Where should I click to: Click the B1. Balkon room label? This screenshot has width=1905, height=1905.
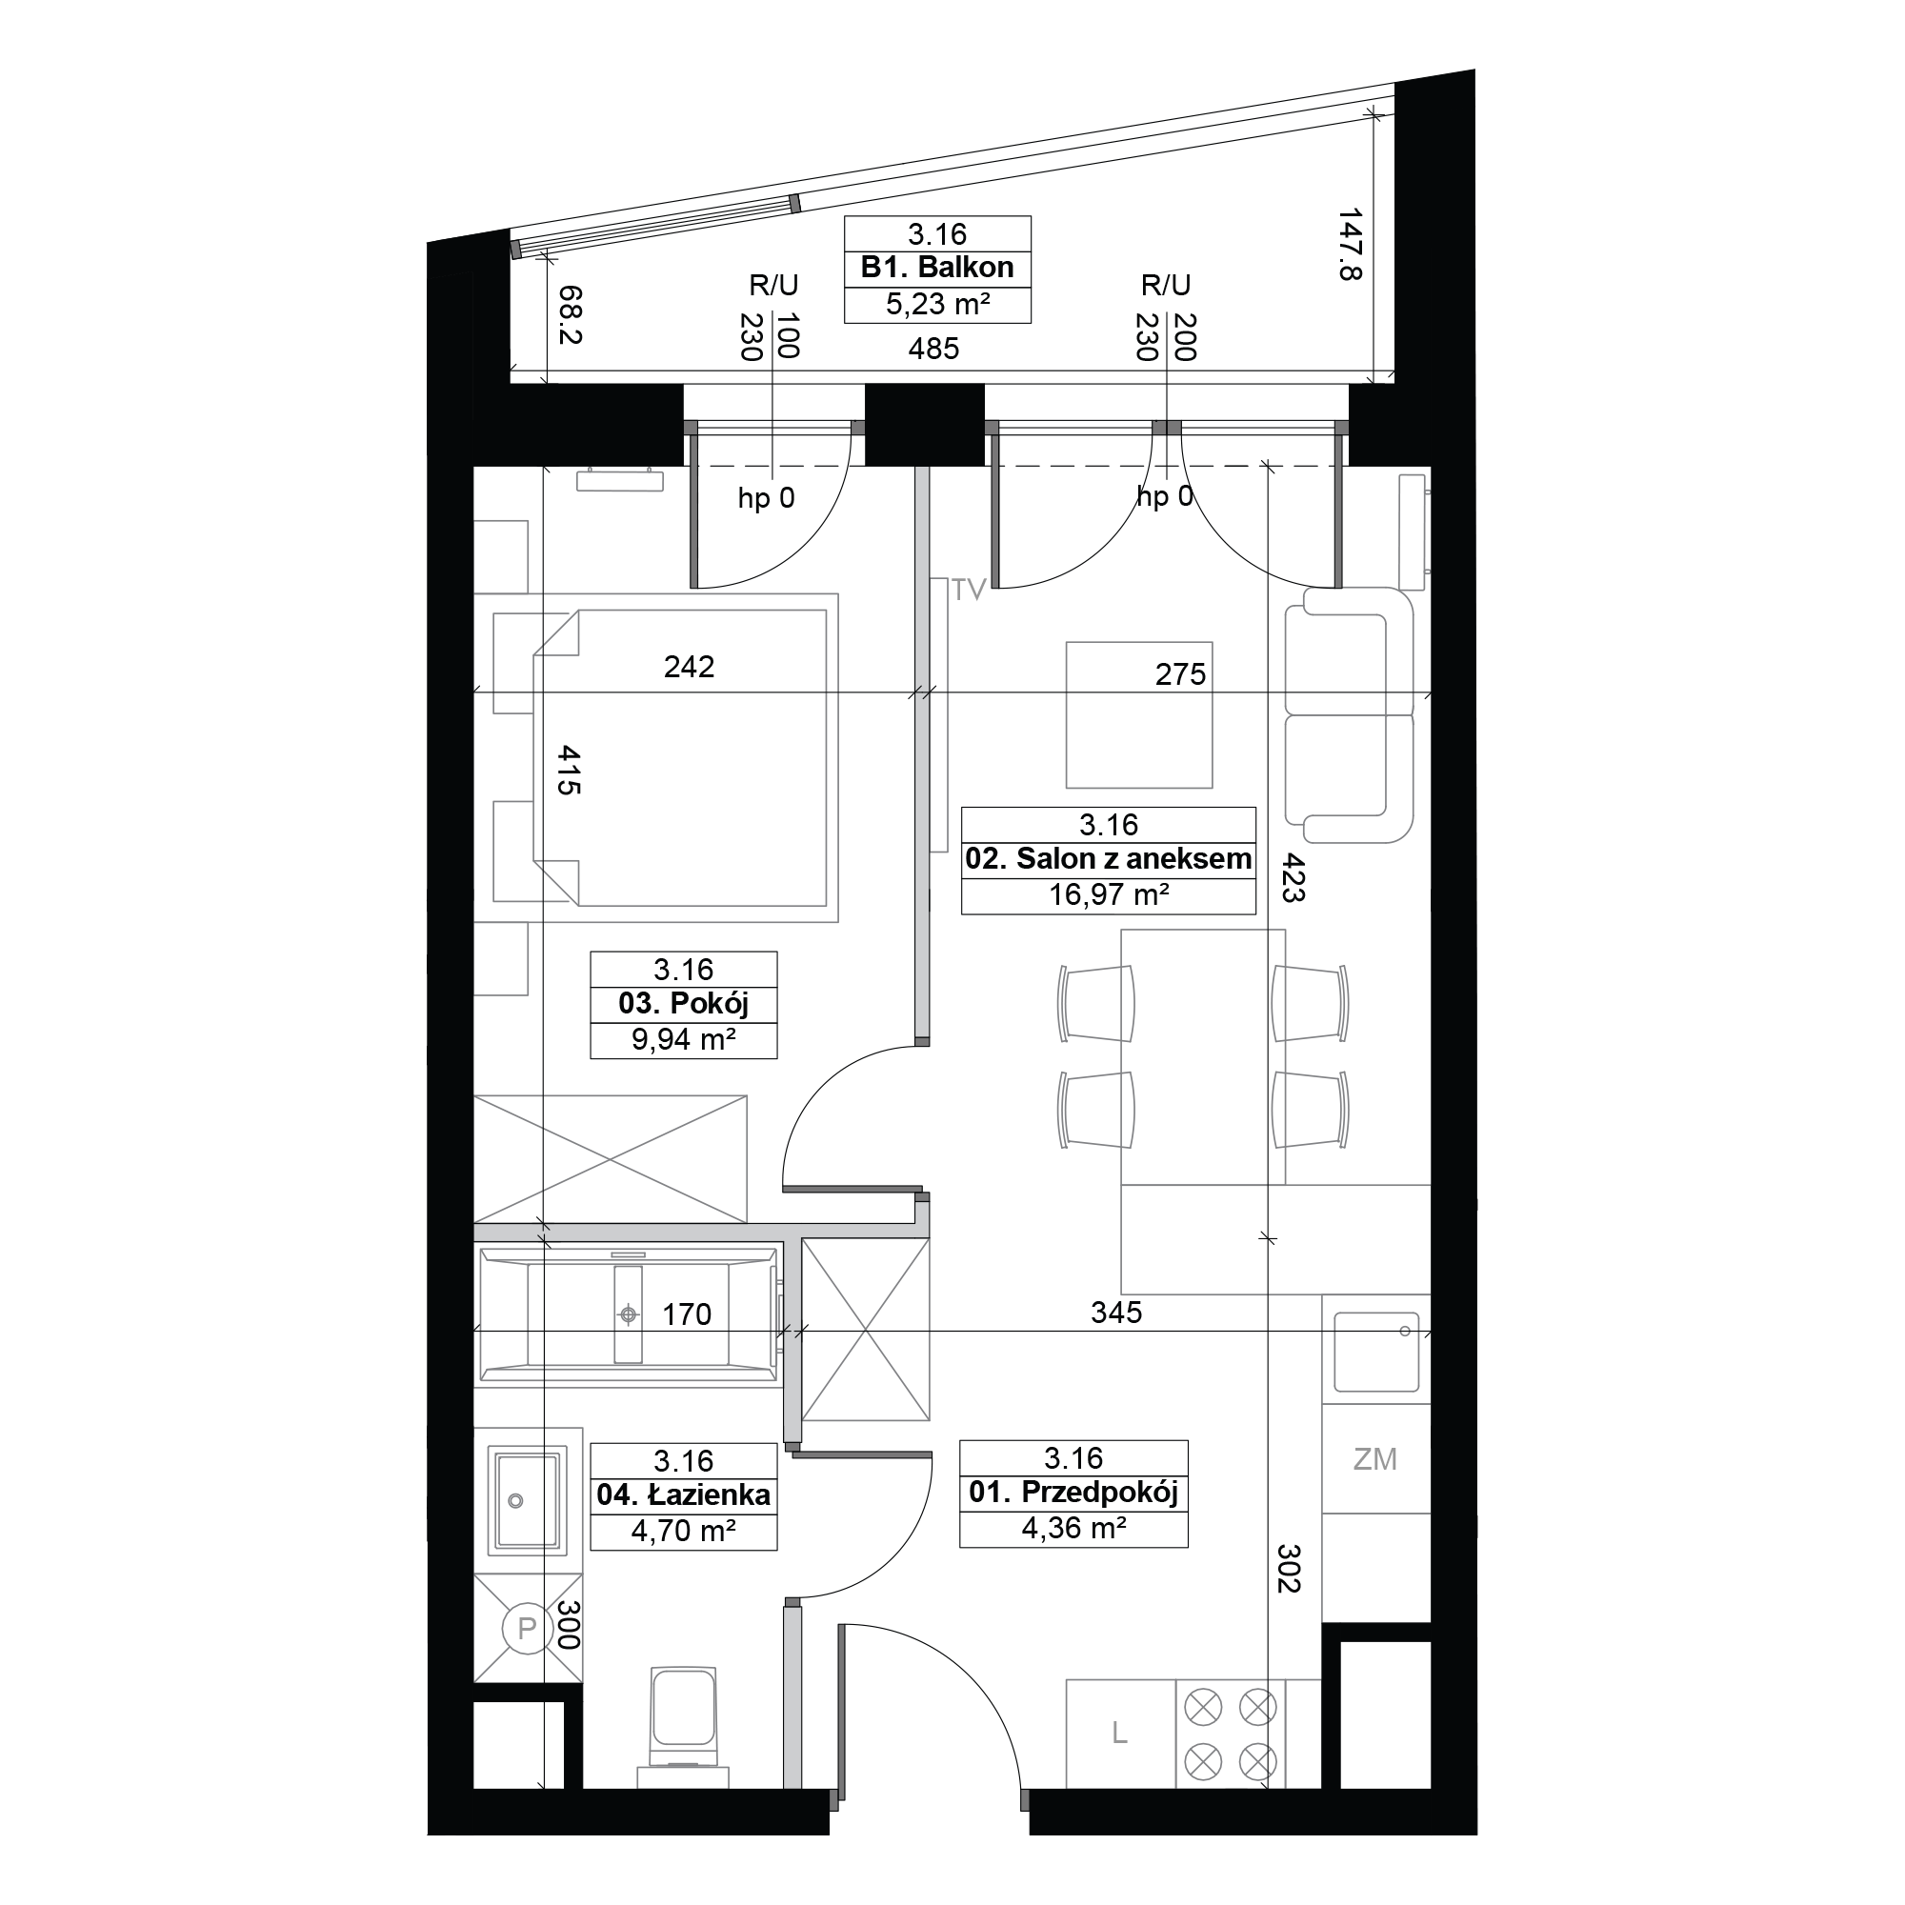coord(936,268)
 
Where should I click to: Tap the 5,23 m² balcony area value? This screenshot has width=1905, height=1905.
coord(936,304)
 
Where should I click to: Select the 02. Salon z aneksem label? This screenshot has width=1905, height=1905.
coord(1109,859)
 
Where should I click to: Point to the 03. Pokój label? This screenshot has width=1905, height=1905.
coord(683,1004)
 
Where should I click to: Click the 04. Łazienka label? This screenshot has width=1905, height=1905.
coord(683,1494)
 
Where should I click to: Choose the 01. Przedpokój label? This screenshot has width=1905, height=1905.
coord(1073,1492)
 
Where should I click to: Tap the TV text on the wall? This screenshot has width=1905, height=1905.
coord(969,590)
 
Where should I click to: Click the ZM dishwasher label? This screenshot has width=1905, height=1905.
coord(1374,1458)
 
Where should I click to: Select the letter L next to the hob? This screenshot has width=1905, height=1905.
coord(1119,1733)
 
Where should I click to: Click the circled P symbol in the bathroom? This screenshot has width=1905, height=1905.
coord(527,1627)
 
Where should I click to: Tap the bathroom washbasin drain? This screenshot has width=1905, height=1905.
coord(514,1502)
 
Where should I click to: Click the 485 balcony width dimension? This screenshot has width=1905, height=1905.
coord(932,348)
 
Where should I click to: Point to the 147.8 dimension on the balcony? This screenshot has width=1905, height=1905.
coord(1350,244)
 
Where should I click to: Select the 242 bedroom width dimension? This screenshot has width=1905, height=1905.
coord(689,668)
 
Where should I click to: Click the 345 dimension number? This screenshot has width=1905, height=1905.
coord(1116,1313)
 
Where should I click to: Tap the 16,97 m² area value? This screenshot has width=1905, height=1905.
coord(1109,894)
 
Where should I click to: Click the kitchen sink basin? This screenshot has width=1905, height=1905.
coord(1375,1351)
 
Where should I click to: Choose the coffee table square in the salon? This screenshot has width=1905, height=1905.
coord(1139,715)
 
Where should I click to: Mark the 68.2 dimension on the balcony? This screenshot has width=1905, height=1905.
coord(571,314)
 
